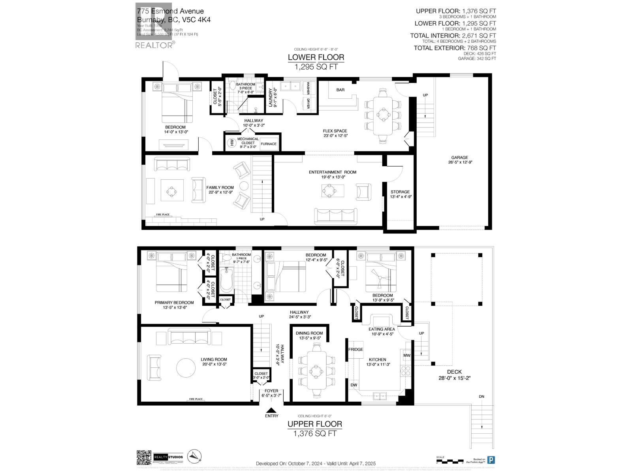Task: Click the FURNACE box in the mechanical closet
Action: tap(269, 144)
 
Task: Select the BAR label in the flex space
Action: tap(340, 90)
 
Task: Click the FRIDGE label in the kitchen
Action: tap(355, 350)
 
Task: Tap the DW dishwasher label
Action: tap(354, 384)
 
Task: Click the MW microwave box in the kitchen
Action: tap(407, 355)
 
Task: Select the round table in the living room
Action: tap(186, 368)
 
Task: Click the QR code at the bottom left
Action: tap(144, 458)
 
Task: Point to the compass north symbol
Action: tap(196, 457)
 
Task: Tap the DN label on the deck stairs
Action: tap(481, 397)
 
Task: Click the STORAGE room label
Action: tap(400, 192)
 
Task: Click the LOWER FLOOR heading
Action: tap(316, 57)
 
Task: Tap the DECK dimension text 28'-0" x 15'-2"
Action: tap(454, 378)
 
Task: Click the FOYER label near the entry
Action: tap(271, 391)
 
